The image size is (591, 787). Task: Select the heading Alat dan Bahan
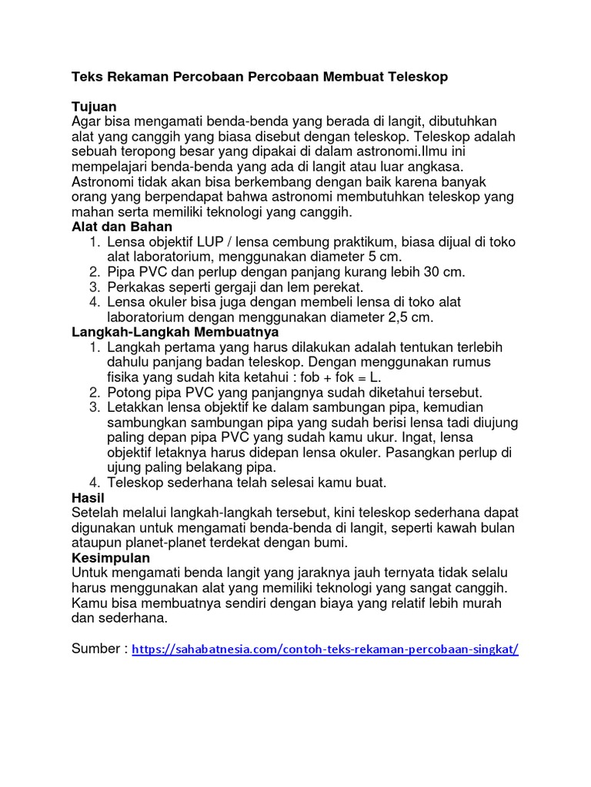pyautogui.click(x=122, y=227)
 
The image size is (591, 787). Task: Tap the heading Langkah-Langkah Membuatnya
pyautogui.click(x=175, y=332)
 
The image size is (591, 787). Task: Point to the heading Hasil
pyautogui.click(x=88, y=498)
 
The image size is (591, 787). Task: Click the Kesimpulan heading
pyautogui.click(x=110, y=558)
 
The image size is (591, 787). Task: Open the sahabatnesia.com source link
pyautogui.click(x=326, y=649)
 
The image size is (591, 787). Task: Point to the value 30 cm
pyautogui.click(x=442, y=272)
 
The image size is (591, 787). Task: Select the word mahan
pyautogui.click(x=92, y=211)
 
